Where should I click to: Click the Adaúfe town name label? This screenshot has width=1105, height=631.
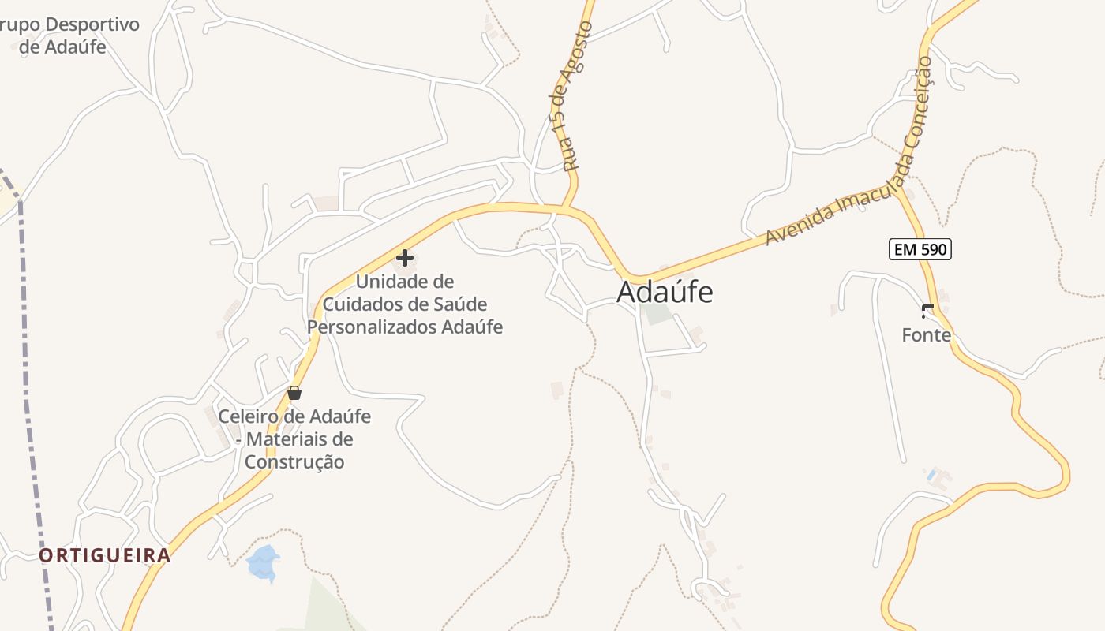click(665, 292)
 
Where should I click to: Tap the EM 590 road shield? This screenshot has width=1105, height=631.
click(920, 250)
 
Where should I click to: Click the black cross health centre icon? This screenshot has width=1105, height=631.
click(405, 258)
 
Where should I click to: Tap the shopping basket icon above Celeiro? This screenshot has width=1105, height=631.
click(294, 393)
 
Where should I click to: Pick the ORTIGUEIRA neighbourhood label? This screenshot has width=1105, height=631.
click(105, 555)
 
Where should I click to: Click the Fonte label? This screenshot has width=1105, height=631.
click(927, 335)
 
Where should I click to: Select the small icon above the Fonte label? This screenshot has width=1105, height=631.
click(927, 311)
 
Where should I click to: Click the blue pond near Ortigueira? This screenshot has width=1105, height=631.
click(263, 562)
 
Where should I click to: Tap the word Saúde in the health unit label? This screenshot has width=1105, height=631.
click(459, 304)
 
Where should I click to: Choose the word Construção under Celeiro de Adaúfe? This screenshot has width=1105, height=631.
click(294, 462)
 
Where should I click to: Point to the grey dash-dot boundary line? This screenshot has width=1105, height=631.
click(32, 394)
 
